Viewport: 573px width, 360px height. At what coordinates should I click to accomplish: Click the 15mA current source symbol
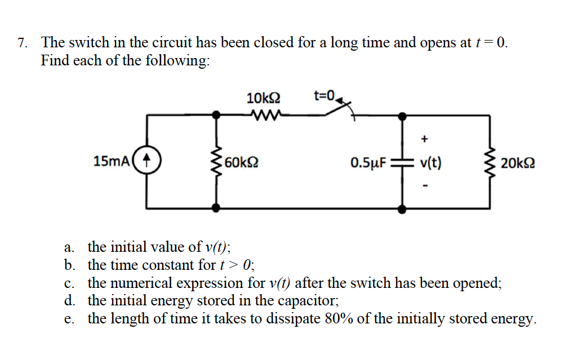(x=148, y=161)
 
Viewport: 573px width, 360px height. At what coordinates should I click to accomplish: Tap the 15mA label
(x=111, y=162)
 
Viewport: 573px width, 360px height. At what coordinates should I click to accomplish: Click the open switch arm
(x=339, y=109)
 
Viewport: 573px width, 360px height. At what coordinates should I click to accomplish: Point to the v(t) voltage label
(x=431, y=163)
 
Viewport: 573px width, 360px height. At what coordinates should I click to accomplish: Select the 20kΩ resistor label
(x=517, y=163)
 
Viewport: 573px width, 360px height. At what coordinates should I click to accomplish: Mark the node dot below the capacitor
(x=402, y=209)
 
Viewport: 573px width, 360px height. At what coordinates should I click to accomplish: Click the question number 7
(x=22, y=43)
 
